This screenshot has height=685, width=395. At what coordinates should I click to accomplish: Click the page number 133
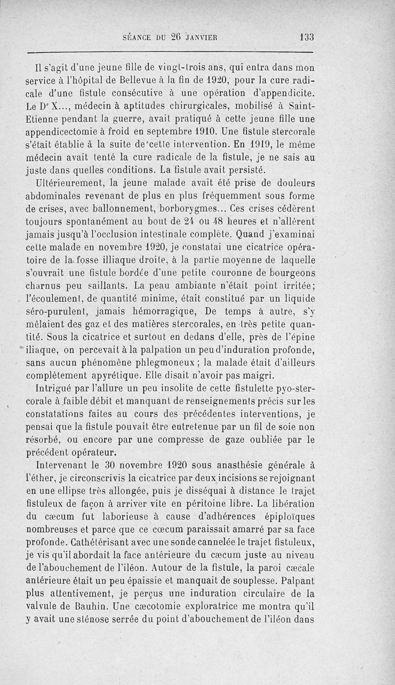(307, 37)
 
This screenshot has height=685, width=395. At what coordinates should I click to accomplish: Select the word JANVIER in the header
(200, 37)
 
